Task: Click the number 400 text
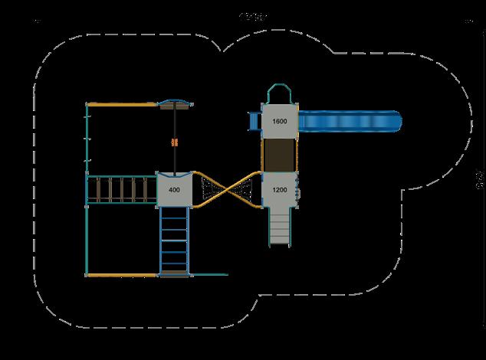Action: (174, 190)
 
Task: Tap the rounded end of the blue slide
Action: (394, 121)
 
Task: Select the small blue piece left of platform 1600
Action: (250, 121)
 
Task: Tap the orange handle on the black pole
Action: (175, 142)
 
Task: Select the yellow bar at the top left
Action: (123, 103)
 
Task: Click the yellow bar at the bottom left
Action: (123, 274)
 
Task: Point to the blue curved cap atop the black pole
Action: (175, 103)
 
